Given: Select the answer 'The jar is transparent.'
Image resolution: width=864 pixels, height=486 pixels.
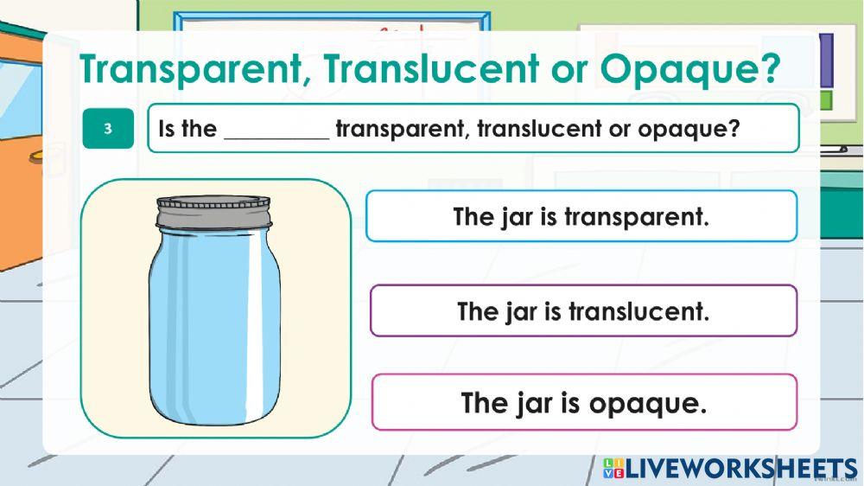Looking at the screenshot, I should coord(581,216).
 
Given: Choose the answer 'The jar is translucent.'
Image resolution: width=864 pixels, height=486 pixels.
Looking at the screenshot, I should coord(583,310).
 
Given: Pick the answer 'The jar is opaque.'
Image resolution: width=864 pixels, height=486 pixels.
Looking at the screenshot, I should coord(584,402).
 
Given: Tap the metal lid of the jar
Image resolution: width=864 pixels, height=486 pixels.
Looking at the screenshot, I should coord(213,211).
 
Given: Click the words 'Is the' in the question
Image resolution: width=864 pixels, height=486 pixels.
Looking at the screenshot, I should coord(187,130).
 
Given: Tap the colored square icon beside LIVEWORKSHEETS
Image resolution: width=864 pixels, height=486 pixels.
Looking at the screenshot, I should coord(613,469).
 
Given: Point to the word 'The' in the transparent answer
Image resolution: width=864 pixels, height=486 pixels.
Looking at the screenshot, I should coord(473,216).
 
